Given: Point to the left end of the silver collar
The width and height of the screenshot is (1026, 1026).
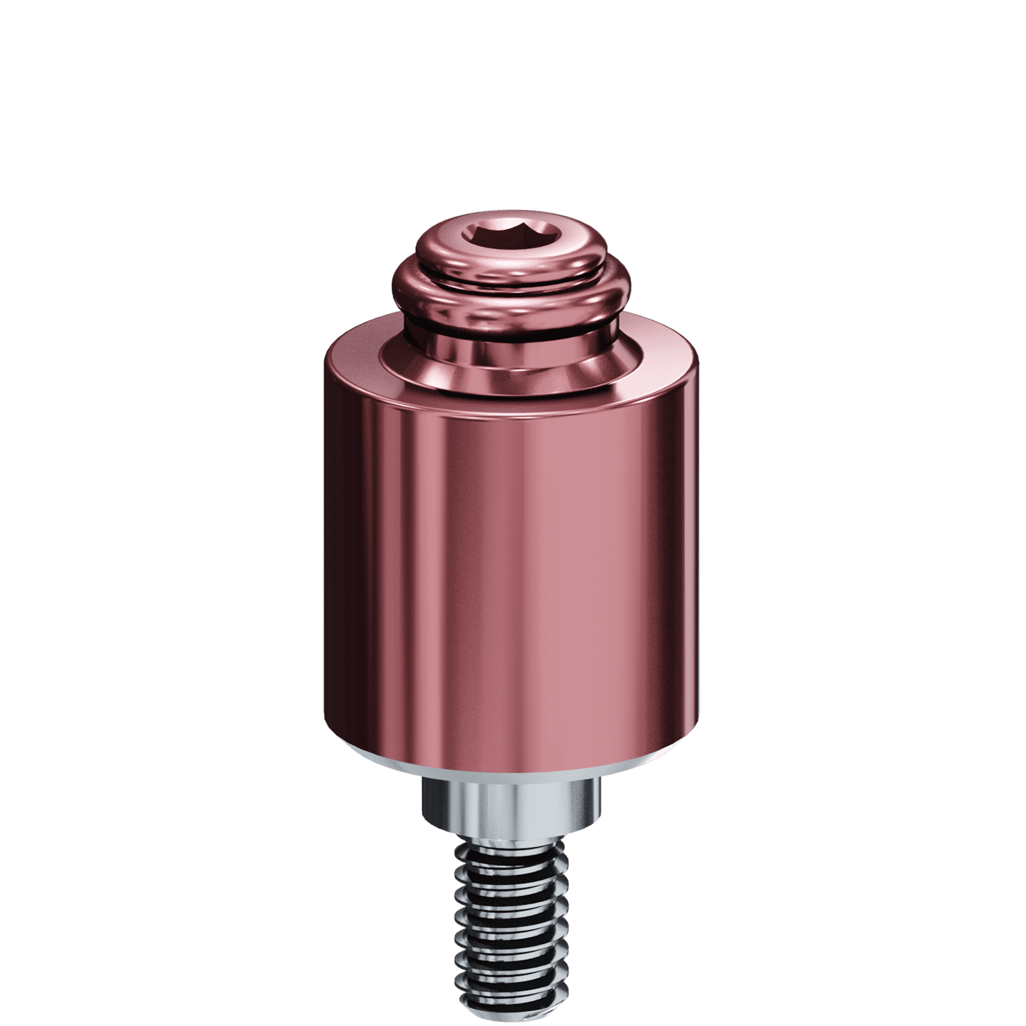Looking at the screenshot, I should pos(423,807).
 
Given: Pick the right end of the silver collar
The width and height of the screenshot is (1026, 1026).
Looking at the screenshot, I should pos(602,807).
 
